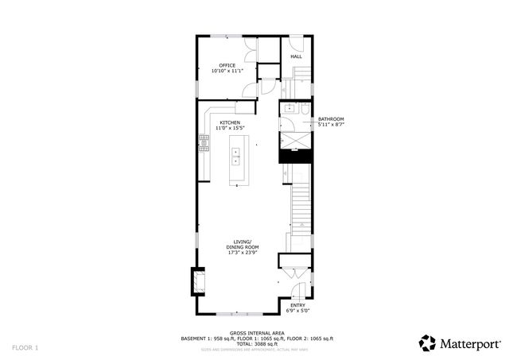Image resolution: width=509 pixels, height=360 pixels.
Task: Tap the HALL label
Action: click(296, 57)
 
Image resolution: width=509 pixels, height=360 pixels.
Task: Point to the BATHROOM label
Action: click(330, 119)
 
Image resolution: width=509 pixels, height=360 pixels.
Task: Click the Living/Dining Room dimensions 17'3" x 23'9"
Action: click(243, 253)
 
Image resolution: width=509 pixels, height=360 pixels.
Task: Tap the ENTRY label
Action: click(297, 305)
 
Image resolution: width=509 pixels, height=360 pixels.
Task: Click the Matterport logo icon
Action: click(427, 343)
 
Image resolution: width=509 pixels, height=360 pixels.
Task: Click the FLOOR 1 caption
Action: click(25, 347)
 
